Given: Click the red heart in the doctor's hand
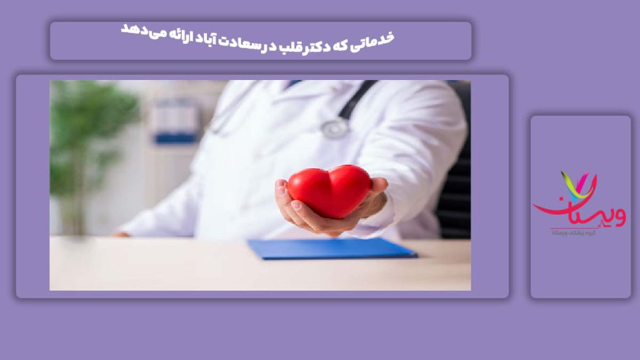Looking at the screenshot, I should (x=329, y=190).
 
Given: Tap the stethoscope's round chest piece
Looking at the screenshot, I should (x=335, y=127).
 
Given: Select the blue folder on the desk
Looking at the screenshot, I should (x=331, y=248).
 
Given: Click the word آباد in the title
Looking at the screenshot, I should (x=199, y=34).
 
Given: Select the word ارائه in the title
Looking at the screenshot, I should (x=169, y=32).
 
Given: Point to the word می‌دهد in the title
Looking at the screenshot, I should (x=135, y=31).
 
